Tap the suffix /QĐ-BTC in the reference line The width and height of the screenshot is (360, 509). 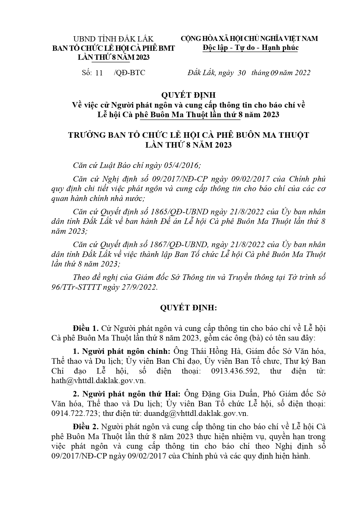(x=130, y=73)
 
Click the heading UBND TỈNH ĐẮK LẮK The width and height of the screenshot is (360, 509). (x=113, y=39)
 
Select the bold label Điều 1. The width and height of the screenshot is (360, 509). (x=86, y=328)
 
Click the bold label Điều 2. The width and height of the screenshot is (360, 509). (x=86, y=427)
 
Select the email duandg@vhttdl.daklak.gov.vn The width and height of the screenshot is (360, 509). (x=196, y=413)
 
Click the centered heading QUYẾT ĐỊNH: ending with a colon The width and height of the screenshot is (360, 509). (x=188, y=308)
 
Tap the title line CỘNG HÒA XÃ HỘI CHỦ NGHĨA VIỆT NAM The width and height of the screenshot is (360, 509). (x=249, y=39)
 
